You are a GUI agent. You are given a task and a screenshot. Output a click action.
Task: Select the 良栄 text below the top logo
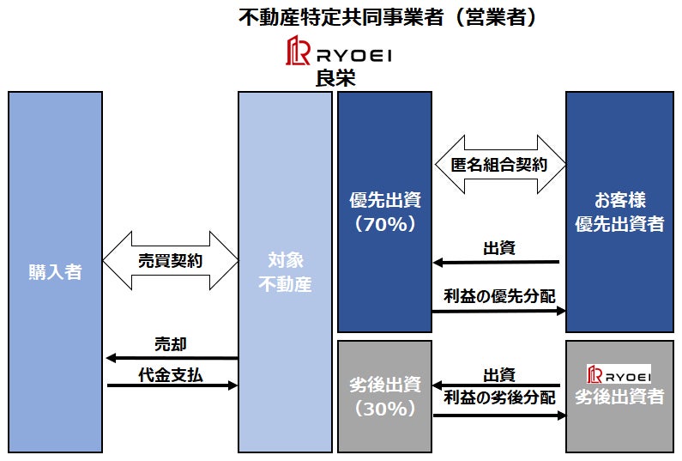[335, 77]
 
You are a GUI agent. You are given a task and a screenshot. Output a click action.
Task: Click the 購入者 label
[55, 272]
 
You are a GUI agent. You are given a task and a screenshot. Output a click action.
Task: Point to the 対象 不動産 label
[285, 272]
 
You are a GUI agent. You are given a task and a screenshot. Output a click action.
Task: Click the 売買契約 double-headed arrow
[170, 260]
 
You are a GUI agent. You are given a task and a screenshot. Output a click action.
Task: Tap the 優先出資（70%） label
[383, 212]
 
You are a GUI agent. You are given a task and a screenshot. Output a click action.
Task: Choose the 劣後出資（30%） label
[383, 397]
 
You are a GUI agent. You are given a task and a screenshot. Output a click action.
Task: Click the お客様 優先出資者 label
[619, 212]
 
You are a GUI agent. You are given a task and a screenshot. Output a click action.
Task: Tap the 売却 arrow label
[170, 344]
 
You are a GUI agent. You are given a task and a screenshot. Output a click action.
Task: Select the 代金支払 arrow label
[170, 374]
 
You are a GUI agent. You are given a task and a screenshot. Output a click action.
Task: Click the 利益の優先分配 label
[499, 296]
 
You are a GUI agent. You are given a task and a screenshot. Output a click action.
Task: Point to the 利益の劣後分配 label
[499, 398]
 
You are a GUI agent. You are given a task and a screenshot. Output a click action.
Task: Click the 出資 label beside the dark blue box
[499, 249]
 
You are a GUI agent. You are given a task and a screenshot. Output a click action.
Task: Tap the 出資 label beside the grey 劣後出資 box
[499, 375]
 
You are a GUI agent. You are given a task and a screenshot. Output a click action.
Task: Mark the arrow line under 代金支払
[172, 386]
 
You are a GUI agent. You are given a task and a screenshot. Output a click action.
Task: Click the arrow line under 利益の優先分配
[498, 311]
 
